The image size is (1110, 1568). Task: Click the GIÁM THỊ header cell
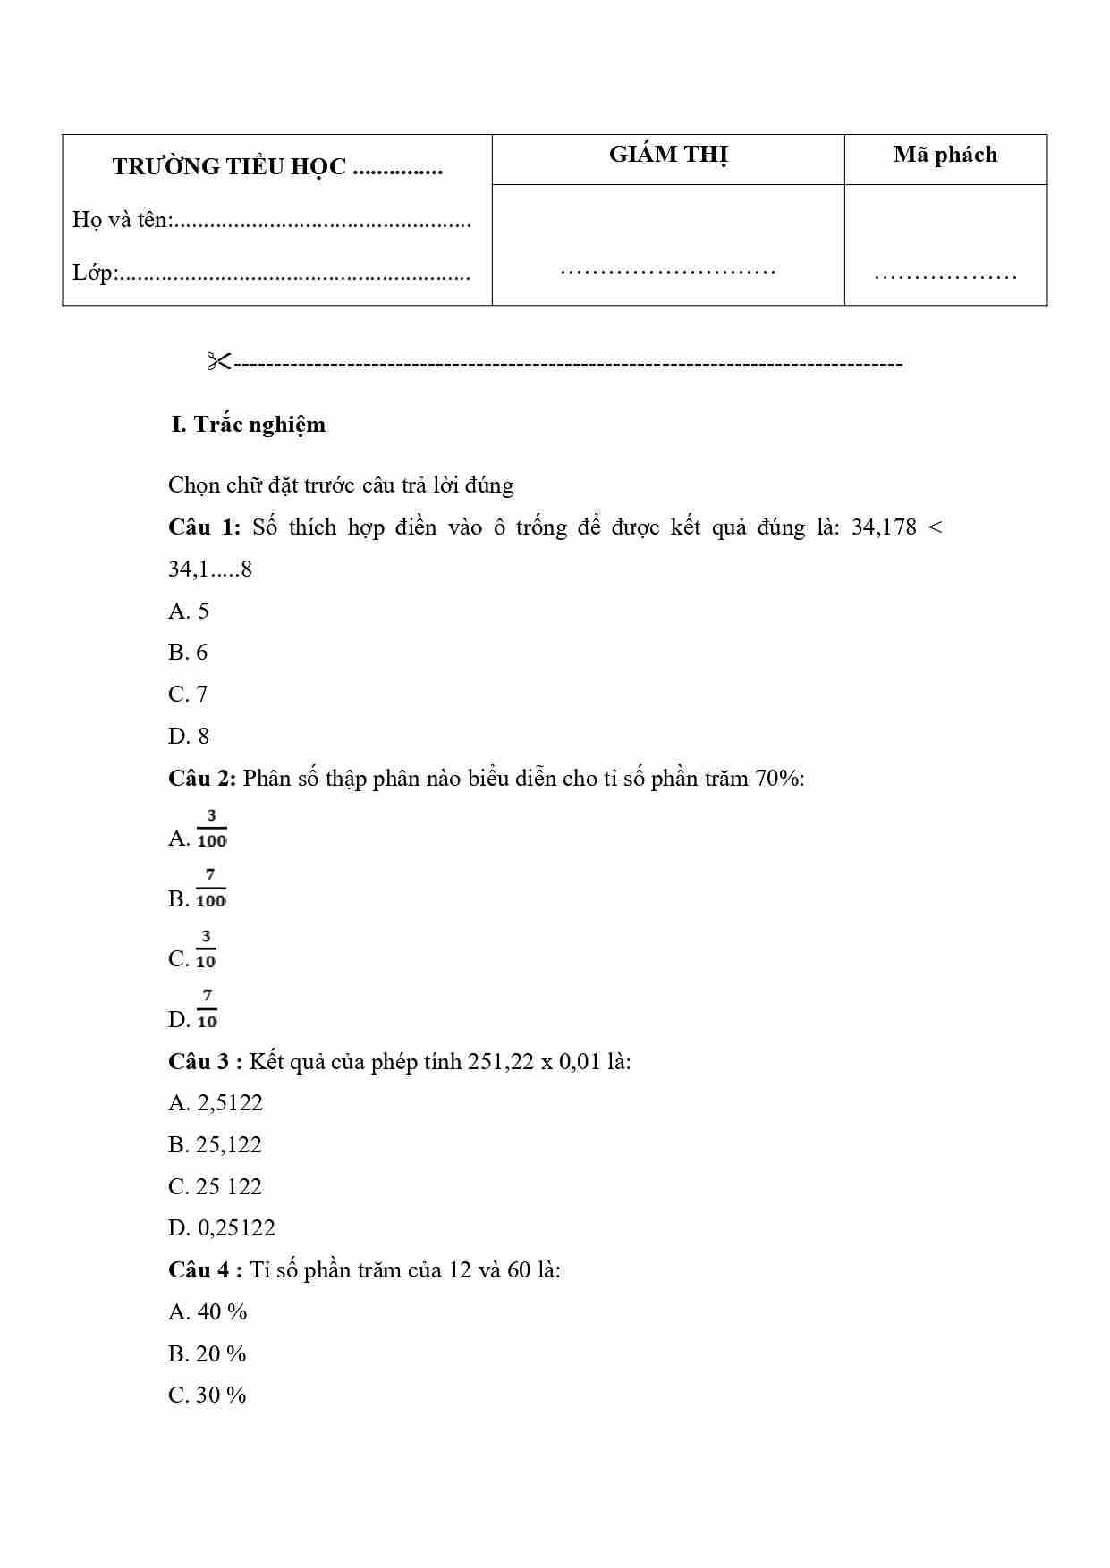coord(668,156)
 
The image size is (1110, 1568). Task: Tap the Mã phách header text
coord(945,156)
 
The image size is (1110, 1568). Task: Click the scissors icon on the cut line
coord(218,362)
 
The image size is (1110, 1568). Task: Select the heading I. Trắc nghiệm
coord(248,425)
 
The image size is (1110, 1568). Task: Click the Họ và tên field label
coord(122,220)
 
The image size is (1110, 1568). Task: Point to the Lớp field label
coord(94,273)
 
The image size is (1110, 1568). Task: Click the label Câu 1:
coord(204,527)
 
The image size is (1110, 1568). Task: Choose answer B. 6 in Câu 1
coord(188,653)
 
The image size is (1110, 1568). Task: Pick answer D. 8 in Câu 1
coord(188,737)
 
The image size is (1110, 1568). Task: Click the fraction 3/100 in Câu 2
coord(211,829)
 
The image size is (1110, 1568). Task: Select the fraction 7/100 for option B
coord(210,889)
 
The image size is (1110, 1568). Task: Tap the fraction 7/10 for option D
coord(207,1009)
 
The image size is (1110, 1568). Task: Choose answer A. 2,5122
coord(216,1103)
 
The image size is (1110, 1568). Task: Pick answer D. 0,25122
coord(222,1228)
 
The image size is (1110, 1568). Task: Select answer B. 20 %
coord(207,1354)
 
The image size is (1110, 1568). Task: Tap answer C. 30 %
coord(207,1395)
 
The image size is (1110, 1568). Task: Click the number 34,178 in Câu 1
coord(884,527)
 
